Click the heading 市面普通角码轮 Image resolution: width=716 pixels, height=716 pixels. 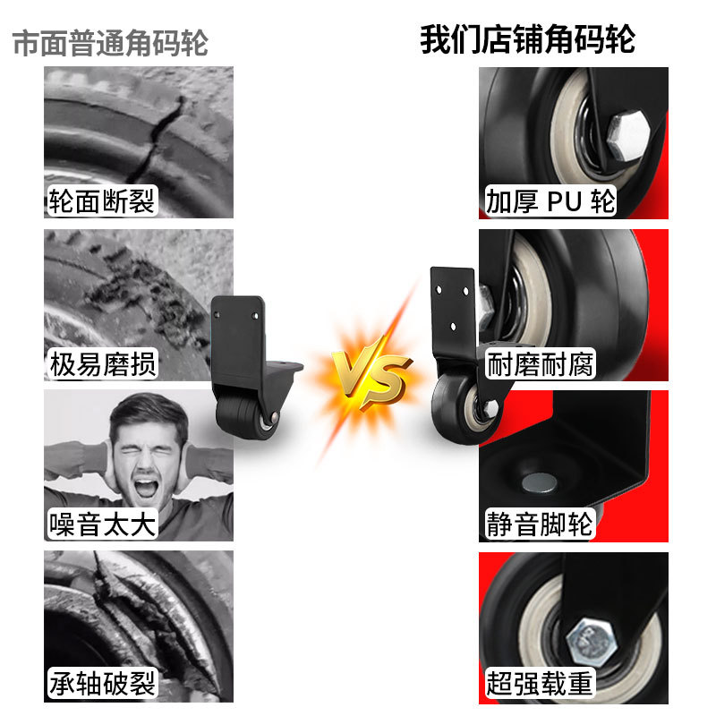point(110,43)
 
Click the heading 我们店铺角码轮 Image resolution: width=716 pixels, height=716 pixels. point(527,39)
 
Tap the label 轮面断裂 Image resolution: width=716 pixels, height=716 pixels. point(102,200)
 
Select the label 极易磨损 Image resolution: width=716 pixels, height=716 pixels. point(103,364)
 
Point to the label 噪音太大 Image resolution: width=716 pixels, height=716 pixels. point(102,524)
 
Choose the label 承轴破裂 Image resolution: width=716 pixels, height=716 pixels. point(102,684)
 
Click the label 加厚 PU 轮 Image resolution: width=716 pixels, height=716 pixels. point(550,200)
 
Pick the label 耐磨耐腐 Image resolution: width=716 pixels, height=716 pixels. point(541,364)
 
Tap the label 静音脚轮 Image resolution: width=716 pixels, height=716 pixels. point(540,524)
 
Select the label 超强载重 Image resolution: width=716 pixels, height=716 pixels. point(540,684)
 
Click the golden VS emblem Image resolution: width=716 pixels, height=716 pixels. point(371,372)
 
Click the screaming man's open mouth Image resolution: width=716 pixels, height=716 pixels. point(145,488)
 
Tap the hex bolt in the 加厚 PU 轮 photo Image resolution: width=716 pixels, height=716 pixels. point(628,136)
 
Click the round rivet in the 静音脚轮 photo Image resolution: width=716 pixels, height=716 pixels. point(540,483)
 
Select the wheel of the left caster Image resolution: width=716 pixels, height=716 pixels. point(247,418)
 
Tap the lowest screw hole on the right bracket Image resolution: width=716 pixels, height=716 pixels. point(453,326)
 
